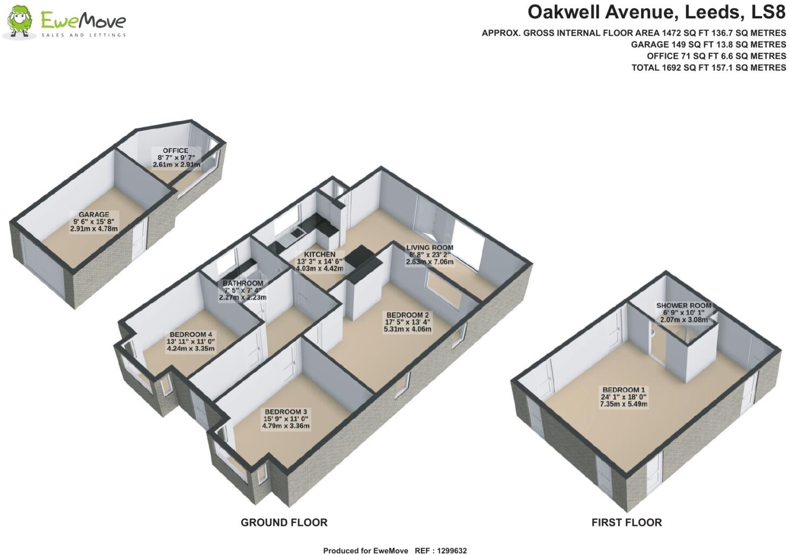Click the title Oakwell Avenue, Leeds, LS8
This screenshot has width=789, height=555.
(x=656, y=11)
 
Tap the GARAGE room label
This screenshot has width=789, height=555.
(x=94, y=214)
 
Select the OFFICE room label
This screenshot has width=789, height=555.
(x=176, y=151)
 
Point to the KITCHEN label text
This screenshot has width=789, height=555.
(x=319, y=254)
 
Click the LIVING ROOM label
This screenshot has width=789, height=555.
(x=430, y=248)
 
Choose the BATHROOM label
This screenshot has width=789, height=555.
(x=243, y=283)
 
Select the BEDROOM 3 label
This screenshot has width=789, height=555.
(x=285, y=412)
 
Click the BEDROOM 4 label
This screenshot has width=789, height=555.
(x=191, y=335)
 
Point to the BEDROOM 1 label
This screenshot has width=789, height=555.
(x=623, y=390)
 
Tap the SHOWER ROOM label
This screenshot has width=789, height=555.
(x=683, y=306)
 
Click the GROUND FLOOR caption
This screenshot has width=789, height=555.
(x=284, y=523)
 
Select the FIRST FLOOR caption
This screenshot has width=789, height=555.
(x=626, y=523)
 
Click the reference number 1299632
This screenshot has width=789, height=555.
(x=452, y=551)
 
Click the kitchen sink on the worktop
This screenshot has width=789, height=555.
(x=296, y=233)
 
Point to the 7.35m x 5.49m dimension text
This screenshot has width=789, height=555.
(x=623, y=404)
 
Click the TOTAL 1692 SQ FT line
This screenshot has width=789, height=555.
(x=709, y=67)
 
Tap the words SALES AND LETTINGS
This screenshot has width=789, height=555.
(x=84, y=35)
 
